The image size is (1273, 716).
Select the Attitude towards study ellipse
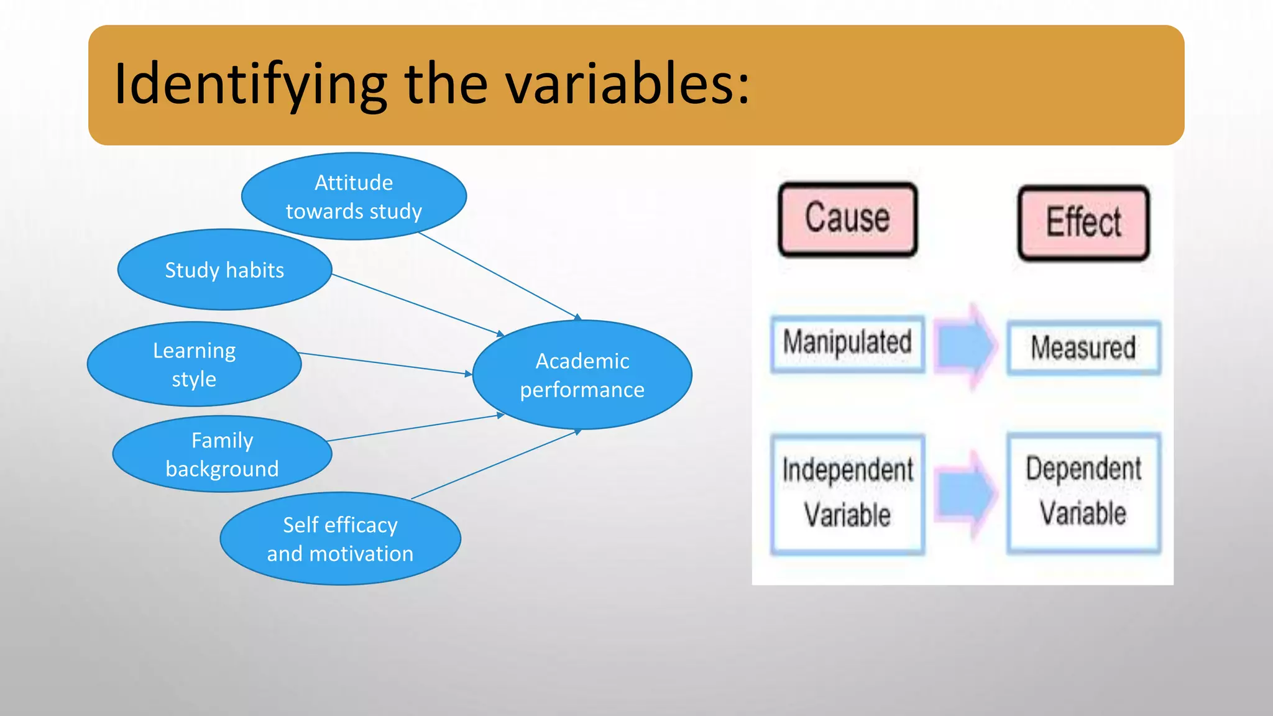click(x=354, y=196)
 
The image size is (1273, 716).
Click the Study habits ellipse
click(x=224, y=270)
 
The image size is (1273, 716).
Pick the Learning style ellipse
click(x=194, y=364)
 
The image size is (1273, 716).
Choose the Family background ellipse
click(x=222, y=454)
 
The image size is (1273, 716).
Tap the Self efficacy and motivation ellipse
click(x=340, y=539)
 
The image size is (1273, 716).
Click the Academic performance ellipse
click(x=582, y=375)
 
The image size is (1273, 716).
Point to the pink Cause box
click(x=847, y=219)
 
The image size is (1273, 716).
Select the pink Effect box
click(x=1083, y=223)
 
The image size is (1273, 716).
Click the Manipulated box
click(x=847, y=344)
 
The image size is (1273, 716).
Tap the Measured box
click(x=1083, y=347)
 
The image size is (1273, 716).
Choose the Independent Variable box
click(x=847, y=493)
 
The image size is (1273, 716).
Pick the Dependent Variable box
click(x=1083, y=492)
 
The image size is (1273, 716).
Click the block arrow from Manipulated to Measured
click(x=965, y=346)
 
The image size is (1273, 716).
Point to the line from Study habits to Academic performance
click(x=416, y=305)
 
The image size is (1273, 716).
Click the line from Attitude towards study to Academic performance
click(x=497, y=275)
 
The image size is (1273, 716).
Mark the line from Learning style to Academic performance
click(x=385, y=364)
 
